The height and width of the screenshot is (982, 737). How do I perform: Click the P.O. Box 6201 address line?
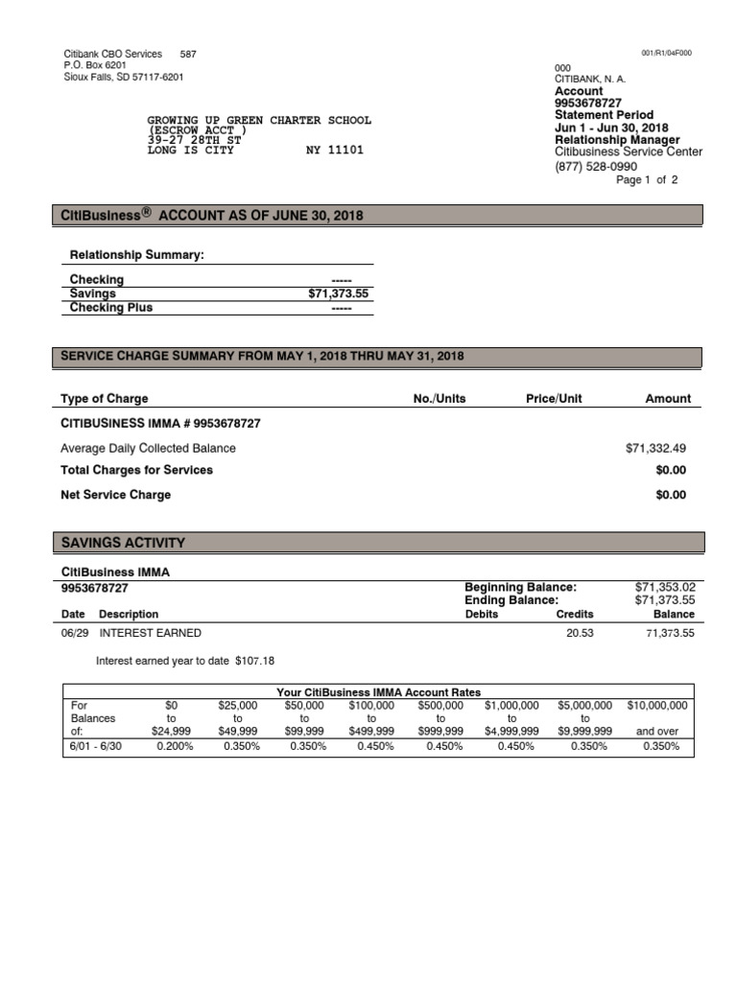[94, 65]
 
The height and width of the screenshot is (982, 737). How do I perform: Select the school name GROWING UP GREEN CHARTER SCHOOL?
[258, 121]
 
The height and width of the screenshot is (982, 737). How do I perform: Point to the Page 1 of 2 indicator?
[647, 180]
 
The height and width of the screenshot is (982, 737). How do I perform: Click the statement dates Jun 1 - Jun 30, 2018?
[611, 128]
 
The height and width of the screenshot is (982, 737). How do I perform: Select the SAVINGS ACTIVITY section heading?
[123, 543]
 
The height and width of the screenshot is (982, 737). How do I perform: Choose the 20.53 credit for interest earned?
[581, 633]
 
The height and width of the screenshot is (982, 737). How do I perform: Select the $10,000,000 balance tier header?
[657, 705]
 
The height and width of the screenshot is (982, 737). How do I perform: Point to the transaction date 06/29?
[73, 633]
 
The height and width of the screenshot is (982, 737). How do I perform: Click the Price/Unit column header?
[554, 399]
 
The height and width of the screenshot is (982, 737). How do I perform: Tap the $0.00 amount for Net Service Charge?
[671, 495]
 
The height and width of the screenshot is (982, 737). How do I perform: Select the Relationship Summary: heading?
[137, 255]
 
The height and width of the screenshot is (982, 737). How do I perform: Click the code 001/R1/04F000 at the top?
[666, 53]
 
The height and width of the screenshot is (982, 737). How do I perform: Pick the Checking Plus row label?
[111, 308]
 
